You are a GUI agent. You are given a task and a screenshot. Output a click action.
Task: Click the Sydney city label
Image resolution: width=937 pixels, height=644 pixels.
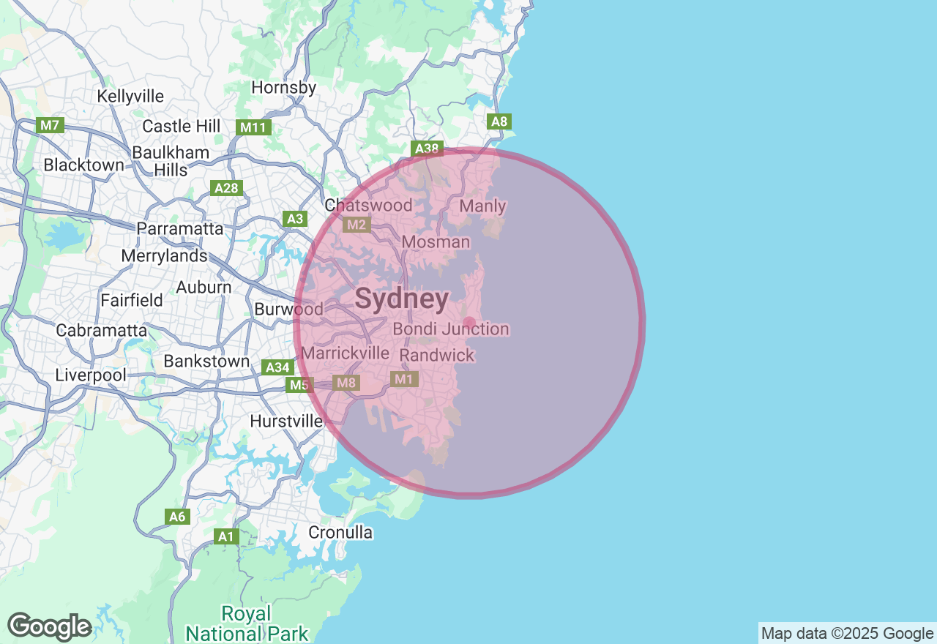402,299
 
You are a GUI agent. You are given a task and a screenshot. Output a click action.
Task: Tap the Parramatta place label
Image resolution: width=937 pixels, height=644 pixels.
180,228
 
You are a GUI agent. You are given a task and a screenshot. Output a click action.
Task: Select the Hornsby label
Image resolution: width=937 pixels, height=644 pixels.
283,88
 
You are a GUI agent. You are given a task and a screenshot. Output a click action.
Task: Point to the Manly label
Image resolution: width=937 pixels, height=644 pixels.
482,206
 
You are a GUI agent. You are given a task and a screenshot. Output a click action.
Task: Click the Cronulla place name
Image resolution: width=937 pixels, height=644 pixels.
340,532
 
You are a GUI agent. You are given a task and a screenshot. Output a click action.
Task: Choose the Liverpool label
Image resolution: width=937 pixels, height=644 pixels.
91,375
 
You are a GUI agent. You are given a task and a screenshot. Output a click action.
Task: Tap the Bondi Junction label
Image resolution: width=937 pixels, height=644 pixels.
451,329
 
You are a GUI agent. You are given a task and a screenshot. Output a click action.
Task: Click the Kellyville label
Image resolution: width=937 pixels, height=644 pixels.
130,97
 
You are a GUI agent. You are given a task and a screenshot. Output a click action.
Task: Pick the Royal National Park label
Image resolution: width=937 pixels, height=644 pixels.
247,623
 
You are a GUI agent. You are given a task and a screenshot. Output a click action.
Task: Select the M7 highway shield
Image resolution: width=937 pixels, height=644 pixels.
49,125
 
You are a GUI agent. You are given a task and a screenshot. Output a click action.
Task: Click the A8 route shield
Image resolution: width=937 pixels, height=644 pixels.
499,121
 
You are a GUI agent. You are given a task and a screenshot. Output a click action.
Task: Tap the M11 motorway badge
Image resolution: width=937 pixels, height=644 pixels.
254,127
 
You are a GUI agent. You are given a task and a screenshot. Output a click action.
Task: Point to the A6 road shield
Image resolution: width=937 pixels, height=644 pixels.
177,517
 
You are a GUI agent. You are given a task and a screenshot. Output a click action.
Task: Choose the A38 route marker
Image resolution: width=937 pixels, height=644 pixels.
426,149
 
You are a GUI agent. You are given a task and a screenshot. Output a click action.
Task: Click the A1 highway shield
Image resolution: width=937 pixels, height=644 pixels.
227,536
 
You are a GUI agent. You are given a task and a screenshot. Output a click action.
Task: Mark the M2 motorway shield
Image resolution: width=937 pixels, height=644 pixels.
356,225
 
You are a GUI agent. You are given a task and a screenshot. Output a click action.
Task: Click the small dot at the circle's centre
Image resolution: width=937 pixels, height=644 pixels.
469,323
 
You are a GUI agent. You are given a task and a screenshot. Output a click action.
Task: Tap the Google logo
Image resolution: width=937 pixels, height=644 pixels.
49,626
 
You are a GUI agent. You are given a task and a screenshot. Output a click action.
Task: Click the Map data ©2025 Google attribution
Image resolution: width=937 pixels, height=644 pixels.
847,634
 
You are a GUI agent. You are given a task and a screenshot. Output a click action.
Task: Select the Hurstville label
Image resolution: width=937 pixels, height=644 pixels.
286,422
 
